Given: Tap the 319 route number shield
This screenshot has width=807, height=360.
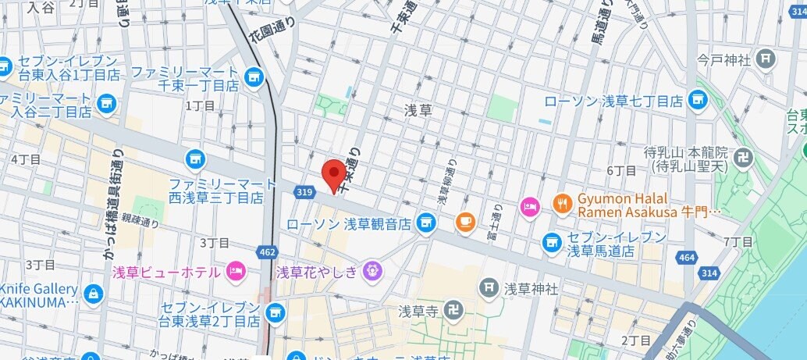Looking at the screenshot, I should [305, 191].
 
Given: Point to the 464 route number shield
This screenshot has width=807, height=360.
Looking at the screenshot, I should [686, 256].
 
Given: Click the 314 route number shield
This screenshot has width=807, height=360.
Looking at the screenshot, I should [709, 273].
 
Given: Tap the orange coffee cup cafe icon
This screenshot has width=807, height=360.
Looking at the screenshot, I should [466, 221].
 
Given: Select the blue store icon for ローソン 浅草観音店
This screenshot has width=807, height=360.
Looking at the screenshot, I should [425, 224].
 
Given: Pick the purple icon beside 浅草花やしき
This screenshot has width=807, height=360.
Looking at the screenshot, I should [373, 271].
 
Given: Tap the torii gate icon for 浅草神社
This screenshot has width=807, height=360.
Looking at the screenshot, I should [489, 288].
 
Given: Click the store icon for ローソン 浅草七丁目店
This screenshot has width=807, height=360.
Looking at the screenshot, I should [698, 100].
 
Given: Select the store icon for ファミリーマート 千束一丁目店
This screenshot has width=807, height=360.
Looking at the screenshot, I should [252, 76].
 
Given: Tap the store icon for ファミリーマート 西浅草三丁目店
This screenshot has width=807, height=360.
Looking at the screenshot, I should [194, 159].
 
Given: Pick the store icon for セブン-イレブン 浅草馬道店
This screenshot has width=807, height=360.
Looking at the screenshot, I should [553, 242].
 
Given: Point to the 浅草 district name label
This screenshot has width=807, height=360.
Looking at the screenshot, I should [418, 110].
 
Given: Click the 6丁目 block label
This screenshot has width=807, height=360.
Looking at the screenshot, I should [621, 170].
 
